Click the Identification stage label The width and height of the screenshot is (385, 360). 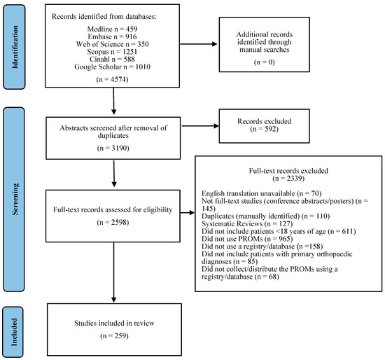[x=15, y=47]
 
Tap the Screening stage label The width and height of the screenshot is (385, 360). [x=15, y=200]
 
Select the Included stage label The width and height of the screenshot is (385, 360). [x=15, y=332]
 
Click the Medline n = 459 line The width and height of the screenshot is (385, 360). [x=112, y=29]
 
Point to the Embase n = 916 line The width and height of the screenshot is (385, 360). [x=112, y=36]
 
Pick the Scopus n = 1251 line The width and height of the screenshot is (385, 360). [x=112, y=52]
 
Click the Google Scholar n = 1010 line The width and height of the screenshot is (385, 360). [x=112, y=67]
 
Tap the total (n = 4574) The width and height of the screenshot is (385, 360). [x=113, y=79]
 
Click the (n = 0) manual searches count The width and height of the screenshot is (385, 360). [x=264, y=62]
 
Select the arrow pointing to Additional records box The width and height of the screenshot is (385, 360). [x=199, y=44]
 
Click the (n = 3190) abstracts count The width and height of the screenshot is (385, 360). [x=113, y=148]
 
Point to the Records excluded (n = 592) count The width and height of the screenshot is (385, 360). [x=264, y=129]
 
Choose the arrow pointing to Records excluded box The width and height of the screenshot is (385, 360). [x=200, y=126]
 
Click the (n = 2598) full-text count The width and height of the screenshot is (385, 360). [x=113, y=222]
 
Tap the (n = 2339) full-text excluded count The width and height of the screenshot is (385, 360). [x=288, y=178]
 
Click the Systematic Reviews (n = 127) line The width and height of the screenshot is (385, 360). [x=247, y=223]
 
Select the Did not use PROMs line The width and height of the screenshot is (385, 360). [x=247, y=239]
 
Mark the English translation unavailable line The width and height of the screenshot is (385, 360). [x=262, y=193]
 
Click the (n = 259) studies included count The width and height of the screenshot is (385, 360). [x=114, y=335]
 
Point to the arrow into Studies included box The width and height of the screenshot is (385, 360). [x=113, y=272]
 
